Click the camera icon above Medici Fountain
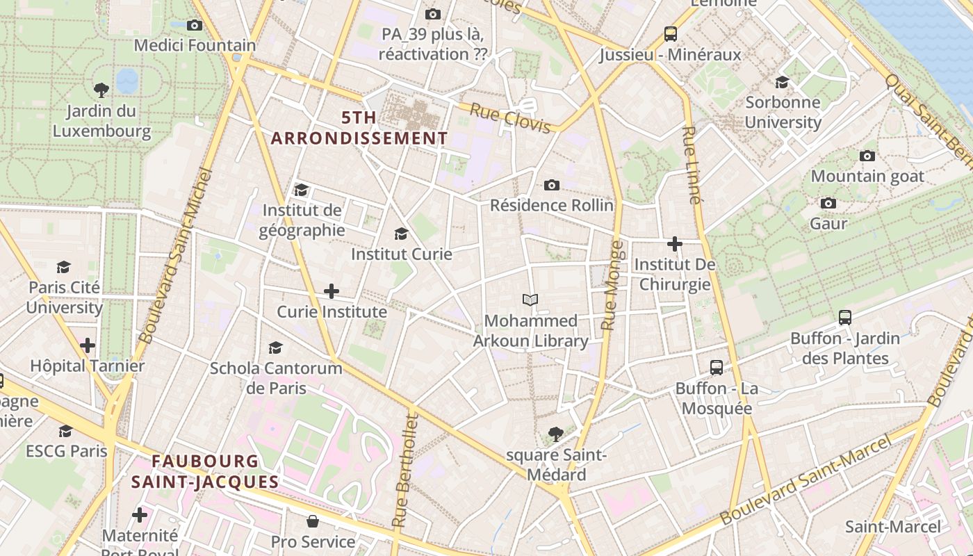click(x=195, y=25)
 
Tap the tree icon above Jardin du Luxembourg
click(x=101, y=90)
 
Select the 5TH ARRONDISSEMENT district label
click(x=359, y=128)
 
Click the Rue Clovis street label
click(x=511, y=117)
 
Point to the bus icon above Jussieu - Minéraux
click(x=670, y=33)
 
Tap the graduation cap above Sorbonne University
click(x=783, y=82)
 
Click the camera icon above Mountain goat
click(x=867, y=156)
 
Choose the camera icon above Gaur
click(x=828, y=203)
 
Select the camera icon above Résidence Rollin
click(x=552, y=185)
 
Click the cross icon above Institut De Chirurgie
click(x=674, y=244)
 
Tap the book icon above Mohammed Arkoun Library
click(x=530, y=300)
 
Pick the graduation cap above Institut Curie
click(x=401, y=234)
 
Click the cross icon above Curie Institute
click(x=332, y=291)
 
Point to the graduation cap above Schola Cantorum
click(x=276, y=347)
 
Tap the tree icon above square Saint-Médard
click(x=555, y=434)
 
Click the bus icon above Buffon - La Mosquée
click(x=717, y=367)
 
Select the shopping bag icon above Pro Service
click(x=313, y=521)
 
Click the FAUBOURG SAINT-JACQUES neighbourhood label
click(x=205, y=471)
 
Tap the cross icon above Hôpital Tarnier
click(x=88, y=345)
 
